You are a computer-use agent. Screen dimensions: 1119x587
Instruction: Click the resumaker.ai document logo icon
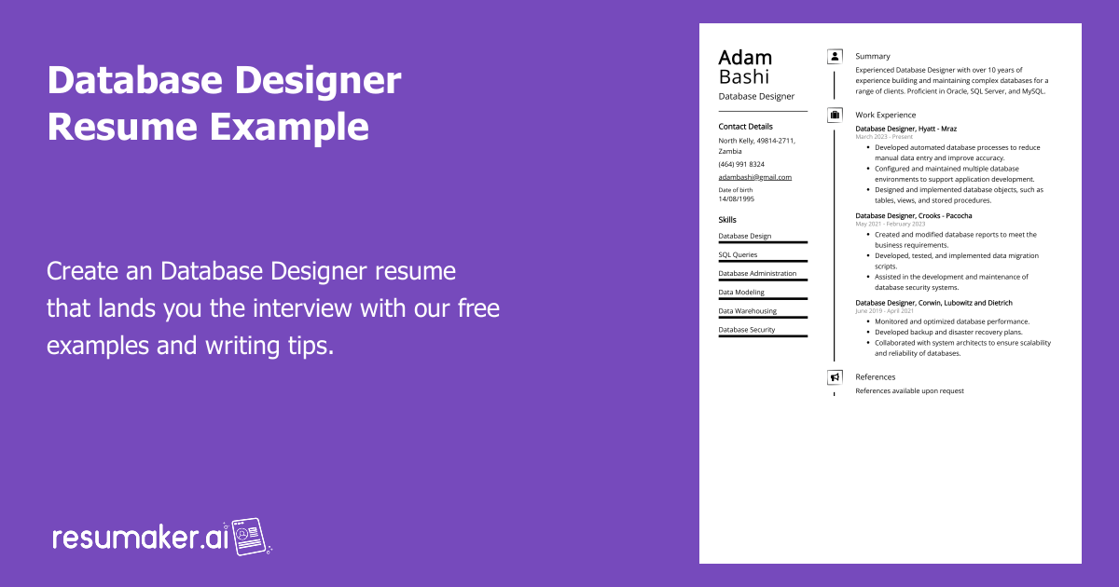(249, 537)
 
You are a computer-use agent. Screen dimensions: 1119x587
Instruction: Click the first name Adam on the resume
(745, 58)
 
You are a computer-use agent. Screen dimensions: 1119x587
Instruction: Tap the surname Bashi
(743, 76)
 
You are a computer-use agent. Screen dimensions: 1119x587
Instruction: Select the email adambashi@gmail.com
(754, 177)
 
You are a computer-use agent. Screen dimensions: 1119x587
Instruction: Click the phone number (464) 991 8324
(741, 164)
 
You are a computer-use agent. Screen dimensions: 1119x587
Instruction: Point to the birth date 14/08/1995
(737, 198)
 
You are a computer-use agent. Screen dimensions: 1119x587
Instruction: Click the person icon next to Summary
(835, 57)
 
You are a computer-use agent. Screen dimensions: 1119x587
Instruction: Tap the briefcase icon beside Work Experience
(835, 116)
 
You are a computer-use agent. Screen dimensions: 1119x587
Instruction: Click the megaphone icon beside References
(835, 377)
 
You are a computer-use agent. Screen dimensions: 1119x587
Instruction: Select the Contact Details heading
(745, 127)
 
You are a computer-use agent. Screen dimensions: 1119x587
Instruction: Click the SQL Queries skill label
(738, 254)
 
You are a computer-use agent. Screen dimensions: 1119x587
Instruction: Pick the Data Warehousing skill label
(747, 311)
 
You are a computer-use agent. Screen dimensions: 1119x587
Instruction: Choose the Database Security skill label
(747, 330)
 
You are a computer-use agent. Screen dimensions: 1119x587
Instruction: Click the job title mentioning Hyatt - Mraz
(906, 129)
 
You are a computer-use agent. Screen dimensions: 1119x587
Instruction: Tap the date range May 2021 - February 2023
(891, 225)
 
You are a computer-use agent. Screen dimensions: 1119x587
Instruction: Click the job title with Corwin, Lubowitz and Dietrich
(934, 303)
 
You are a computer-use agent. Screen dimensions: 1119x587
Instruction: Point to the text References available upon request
(910, 390)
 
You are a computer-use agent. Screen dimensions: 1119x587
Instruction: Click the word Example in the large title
(289, 127)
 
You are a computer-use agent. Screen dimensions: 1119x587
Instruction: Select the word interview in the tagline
(302, 308)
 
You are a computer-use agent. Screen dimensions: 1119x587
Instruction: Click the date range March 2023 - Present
(884, 137)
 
